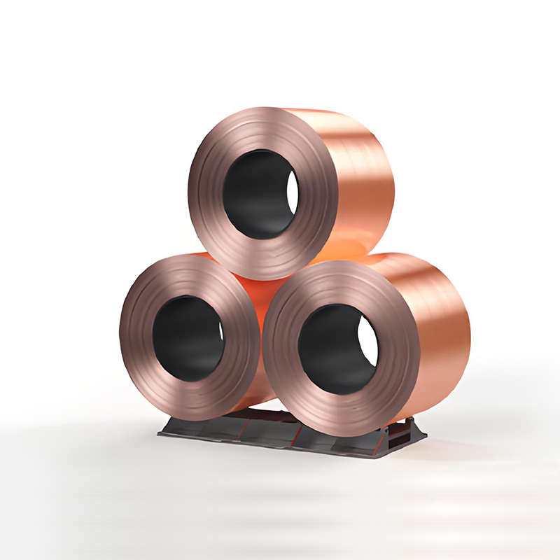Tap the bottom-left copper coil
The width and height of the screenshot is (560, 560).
(x=189, y=336)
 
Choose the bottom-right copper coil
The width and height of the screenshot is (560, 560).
(x=364, y=343)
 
